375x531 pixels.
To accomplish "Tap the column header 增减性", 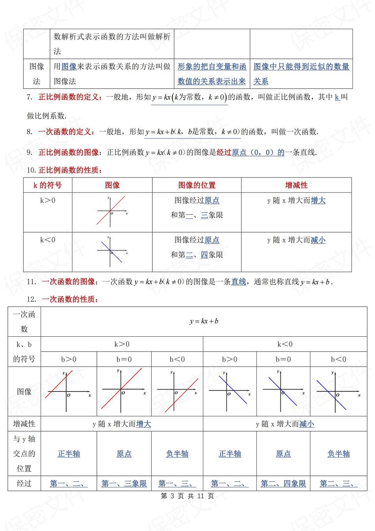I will [x=296, y=185].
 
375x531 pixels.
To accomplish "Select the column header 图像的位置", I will [x=197, y=185].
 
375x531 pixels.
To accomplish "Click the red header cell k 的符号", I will [x=48, y=185].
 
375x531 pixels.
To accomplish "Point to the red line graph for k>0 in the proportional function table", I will [x=111, y=212].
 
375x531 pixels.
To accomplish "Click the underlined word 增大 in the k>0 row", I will [x=318, y=201].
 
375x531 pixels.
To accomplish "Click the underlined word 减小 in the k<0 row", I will [x=318, y=240].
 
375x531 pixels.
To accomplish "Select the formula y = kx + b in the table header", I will [x=204, y=321].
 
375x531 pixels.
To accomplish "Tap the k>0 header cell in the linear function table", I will [x=122, y=344].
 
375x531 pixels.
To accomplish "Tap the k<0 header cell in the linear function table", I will [x=285, y=344].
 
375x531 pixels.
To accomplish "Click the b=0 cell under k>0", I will [x=124, y=359].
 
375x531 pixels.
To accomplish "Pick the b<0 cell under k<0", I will [x=338, y=359].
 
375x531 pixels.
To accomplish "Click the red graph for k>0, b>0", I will [x=68, y=391].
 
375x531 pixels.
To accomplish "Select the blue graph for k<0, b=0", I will [x=283, y=391].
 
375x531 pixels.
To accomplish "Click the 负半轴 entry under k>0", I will [x=177, y=454].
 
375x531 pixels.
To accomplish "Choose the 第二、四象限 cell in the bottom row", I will [x=283, y=484].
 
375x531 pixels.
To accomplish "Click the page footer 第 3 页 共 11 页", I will [x=187, y=496].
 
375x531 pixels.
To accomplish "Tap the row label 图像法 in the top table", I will [x=37, y=74].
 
